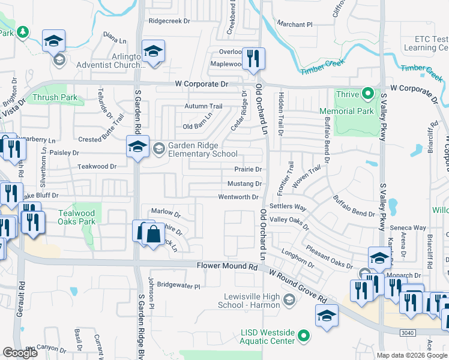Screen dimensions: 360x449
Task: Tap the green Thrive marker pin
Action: click(x=368, y=94)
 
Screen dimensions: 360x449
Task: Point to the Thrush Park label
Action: click(x=55, y=97)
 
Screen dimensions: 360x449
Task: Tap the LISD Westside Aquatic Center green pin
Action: click(x=304, y=335)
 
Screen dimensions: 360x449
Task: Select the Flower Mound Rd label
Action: click(x=221, y=265)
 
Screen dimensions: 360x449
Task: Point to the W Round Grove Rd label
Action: click(x=298, y=286)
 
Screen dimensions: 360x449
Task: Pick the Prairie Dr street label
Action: click(x=247, y=170)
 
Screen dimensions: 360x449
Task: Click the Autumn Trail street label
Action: click(x=203, y=106)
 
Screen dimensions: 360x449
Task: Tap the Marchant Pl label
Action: click(x=295, y=25)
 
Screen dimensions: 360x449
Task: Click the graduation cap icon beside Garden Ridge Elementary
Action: click(x=137, y=148)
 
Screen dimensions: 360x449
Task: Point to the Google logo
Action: click(x=20, y=353)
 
